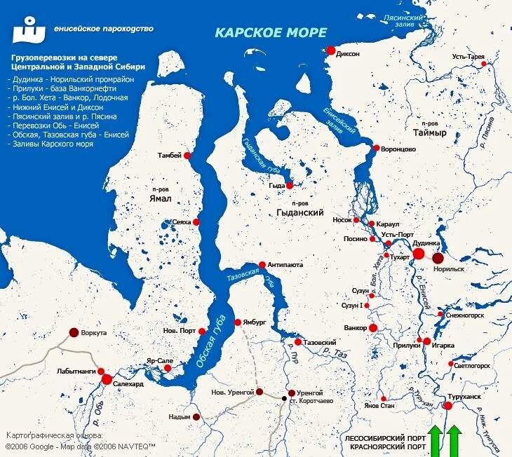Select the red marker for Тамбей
tap(188, 155)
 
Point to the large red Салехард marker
tap(107, 379)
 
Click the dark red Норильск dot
tap(438, 259)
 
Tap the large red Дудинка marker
tap(419, 254)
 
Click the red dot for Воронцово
tap(377, 149)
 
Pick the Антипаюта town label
tap(285, 265)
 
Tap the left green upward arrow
tap(436, 442)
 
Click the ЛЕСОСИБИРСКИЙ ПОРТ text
tap(385, 437)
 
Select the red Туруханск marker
tap(448, 405)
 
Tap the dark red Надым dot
tap(196, 417)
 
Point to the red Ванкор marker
tap(372, 327)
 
